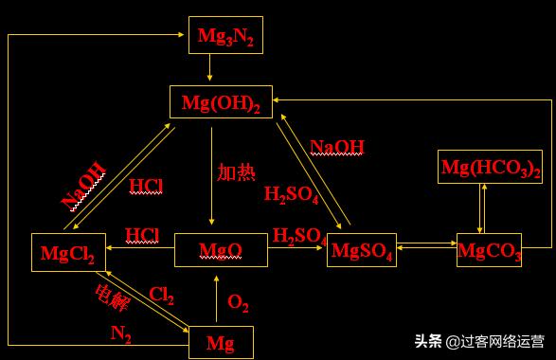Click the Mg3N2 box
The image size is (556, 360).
click(224, 35)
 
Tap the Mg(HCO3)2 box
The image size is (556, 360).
click(490, 167)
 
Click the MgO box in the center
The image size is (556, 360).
click(220, 249)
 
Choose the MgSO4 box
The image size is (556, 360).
click(361, 250)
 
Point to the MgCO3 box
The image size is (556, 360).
click(489, 249)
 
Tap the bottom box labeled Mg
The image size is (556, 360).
click(222, 341)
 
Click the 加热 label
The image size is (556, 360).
click(236, 171)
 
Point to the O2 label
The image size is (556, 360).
click(239, 304)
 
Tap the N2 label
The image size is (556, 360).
click(120, 333)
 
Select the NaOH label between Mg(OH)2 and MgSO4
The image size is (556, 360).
click(337, 146)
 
